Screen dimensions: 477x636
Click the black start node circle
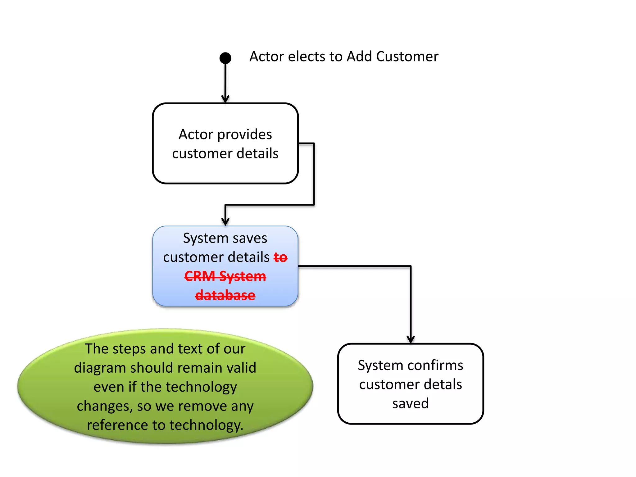coord(225,58)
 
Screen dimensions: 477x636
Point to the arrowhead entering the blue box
coord(225,222)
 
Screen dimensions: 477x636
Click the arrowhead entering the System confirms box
coord(411,339)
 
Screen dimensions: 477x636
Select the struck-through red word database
coord(225,295)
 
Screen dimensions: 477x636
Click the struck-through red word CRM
coord(200,276)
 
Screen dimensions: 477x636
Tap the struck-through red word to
coord(280,257)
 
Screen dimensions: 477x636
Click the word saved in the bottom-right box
coord(410,403)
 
